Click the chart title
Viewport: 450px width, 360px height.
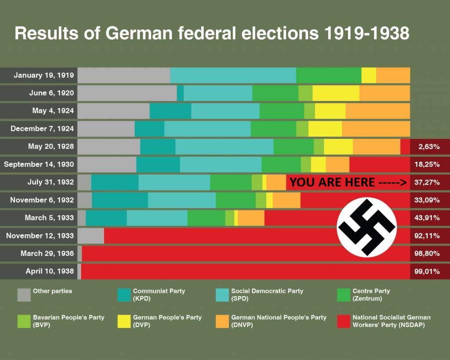(x=212, y=34)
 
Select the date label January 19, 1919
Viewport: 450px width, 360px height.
(x=44, y=75)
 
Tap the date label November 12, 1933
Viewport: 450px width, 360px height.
(x=40, y=236)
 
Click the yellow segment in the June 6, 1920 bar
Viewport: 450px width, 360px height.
(x=336, y=93)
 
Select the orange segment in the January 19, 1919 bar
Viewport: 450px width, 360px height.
(x=393, y=75)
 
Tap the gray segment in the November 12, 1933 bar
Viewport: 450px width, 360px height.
(x=91, y=236)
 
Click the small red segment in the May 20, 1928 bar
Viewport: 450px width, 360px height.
(x=405, y=147)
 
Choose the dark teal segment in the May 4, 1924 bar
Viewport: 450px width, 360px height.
(x=170, y=111)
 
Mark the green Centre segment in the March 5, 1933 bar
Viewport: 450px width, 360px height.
(x=206, y=218)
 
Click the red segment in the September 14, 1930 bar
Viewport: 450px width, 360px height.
(x=379, y=164)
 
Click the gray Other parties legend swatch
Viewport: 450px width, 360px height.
(x=24, y=295)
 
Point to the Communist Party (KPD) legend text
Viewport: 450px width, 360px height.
(x=159, y=295)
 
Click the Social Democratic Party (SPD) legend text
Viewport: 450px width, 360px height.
(x=267, y=295)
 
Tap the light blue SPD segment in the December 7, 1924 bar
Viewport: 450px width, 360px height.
(x=207, y=129)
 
